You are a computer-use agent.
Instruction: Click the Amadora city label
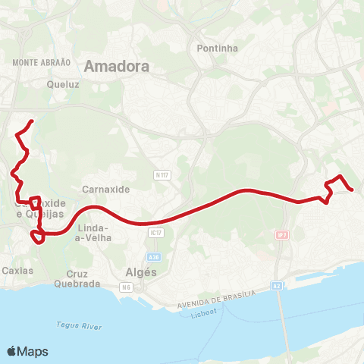pyautogui.click(x=117, y=66)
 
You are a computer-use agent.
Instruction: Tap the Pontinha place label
pyautogui.click(x=217, y=49)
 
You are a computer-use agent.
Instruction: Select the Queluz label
pyautogui.click(x=62, y=85)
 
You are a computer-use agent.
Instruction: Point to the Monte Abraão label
pyautogui.click(x=42, y=62)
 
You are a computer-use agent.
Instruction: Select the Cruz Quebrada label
pyautogui.click(x=77, y=278)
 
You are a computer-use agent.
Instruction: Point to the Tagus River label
pyautogui.click(x=79, y=326)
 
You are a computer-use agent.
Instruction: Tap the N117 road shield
pyautogui.click(x=161, y=174)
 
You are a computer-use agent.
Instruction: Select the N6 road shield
pyautogui.click(x=127, y=287)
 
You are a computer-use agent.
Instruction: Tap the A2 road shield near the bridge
pyautogui.click(x=277, y=286)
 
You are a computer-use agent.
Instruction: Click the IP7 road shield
pyautogui.click(x=281, y=235)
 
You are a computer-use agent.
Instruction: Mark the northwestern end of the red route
pyautogui.click(x=32, y=121)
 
